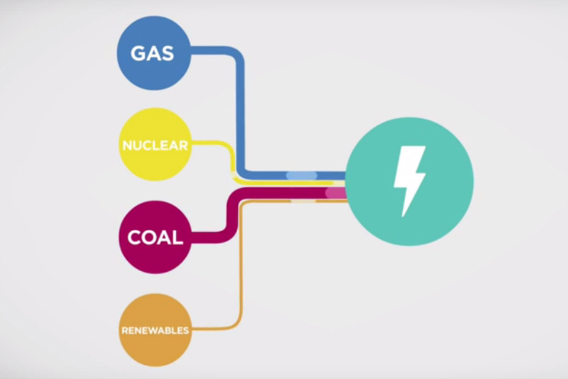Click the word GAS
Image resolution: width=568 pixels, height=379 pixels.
[x=153, y=53]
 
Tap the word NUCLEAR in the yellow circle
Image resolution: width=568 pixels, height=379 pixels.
[x=155, y=145]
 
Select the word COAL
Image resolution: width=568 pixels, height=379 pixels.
[x=155, y=238]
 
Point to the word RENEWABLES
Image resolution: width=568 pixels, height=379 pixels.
[x=155, y=330]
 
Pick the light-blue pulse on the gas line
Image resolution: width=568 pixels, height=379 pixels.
[x=302, y=175]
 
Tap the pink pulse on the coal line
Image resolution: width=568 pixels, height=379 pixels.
[x=335, y=193]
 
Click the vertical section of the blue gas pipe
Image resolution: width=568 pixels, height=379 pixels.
[x=240, y=113]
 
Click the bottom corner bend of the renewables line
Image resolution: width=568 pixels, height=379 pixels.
[x=236, y=326]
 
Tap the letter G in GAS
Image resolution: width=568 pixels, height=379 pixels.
[x=138, y=53]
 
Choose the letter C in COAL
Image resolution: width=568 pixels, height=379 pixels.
[x=134, y=238]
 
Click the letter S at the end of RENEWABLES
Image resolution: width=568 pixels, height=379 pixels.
[x=186, y=330]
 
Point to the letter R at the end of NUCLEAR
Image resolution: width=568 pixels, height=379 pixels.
[x=184, y=145]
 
